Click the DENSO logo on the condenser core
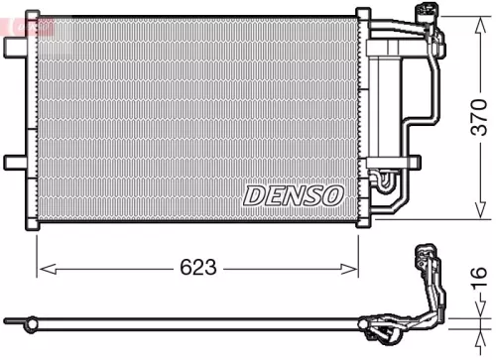[x=294, y=194]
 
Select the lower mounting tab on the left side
[x=15, y=161]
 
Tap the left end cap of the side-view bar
[x=9, y=320]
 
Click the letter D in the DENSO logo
[x=252, y=194]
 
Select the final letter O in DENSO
[x=333, y=194]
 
